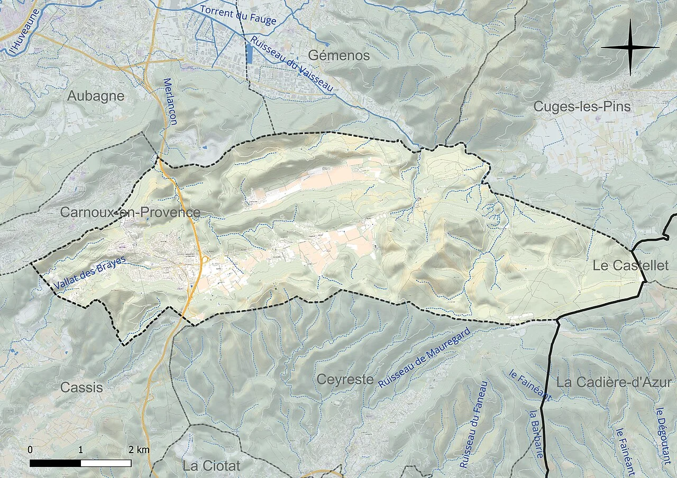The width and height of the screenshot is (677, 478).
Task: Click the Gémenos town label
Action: point(339,55)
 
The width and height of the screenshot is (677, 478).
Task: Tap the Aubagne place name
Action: point(96,96)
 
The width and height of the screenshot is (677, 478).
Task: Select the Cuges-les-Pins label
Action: point(582,106)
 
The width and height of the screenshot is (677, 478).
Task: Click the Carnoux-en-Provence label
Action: point(130,212)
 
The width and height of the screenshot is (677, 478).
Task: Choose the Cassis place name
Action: point(81,387)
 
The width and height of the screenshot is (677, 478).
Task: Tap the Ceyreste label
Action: point(345,379)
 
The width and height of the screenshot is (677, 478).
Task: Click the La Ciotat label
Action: point(211,466)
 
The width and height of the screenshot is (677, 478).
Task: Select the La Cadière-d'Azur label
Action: point(614,382)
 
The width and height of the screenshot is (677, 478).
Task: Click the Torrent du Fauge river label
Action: point(238,15)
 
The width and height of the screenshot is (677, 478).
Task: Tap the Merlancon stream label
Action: point(170,101)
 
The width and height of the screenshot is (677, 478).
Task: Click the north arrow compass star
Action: point(630,48)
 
